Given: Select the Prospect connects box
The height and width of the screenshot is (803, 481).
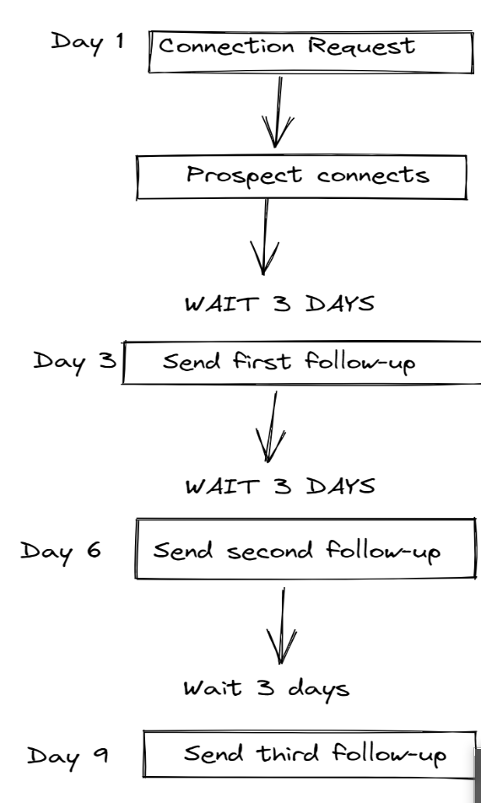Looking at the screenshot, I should tap(301, 176).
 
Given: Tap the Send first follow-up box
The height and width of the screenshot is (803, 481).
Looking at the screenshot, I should tap(301, 363).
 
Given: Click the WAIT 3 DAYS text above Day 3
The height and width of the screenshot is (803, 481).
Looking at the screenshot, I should tap(279, 304).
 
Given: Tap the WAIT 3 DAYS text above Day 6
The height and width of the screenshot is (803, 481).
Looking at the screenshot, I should tap(279, 488).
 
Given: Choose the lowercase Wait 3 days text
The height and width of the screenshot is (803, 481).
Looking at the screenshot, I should tap(267, 688).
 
